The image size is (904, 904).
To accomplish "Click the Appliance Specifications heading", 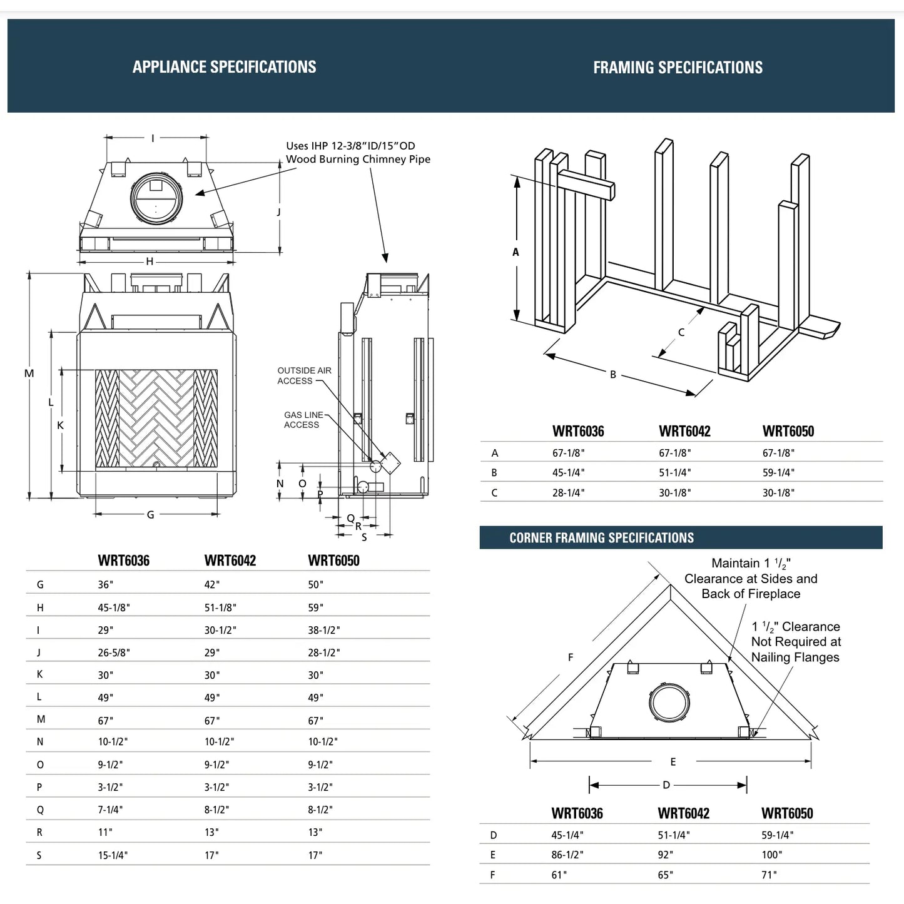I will click(x=224, y=67).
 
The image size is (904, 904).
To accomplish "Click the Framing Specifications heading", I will click(x=678, y=68).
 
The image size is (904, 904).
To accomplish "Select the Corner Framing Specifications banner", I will click(x=601, y=538).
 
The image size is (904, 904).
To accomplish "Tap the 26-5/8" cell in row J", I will click(x=114, y=653).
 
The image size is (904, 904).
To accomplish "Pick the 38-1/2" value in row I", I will click(x=323, y=630).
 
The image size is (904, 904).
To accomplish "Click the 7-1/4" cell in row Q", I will click(x=110, y=810).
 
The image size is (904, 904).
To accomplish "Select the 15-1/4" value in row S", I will click(x=113, y=855).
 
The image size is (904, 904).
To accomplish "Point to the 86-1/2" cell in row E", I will click(x=567, y=855).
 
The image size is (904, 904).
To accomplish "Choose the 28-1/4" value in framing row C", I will click(x=568, y=492).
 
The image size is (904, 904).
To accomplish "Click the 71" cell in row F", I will click(x=769, y=875).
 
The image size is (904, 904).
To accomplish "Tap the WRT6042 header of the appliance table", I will click(x=230, y=561).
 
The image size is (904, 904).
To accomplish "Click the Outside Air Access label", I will click(x=304, y=375).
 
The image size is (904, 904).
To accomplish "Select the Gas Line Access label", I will click(x=303, y=420).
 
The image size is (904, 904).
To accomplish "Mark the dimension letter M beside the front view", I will click(x=29, y=373).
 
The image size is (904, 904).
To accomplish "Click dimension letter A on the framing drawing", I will click(x=515, y=252).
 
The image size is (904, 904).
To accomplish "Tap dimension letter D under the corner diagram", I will click(x=666, y=785).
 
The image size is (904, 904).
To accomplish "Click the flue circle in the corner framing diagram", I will click(x=669, y=702).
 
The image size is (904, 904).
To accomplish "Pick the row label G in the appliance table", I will click(x=40, y=585).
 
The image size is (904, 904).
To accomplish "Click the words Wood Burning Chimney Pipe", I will click(x=358, y=159).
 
